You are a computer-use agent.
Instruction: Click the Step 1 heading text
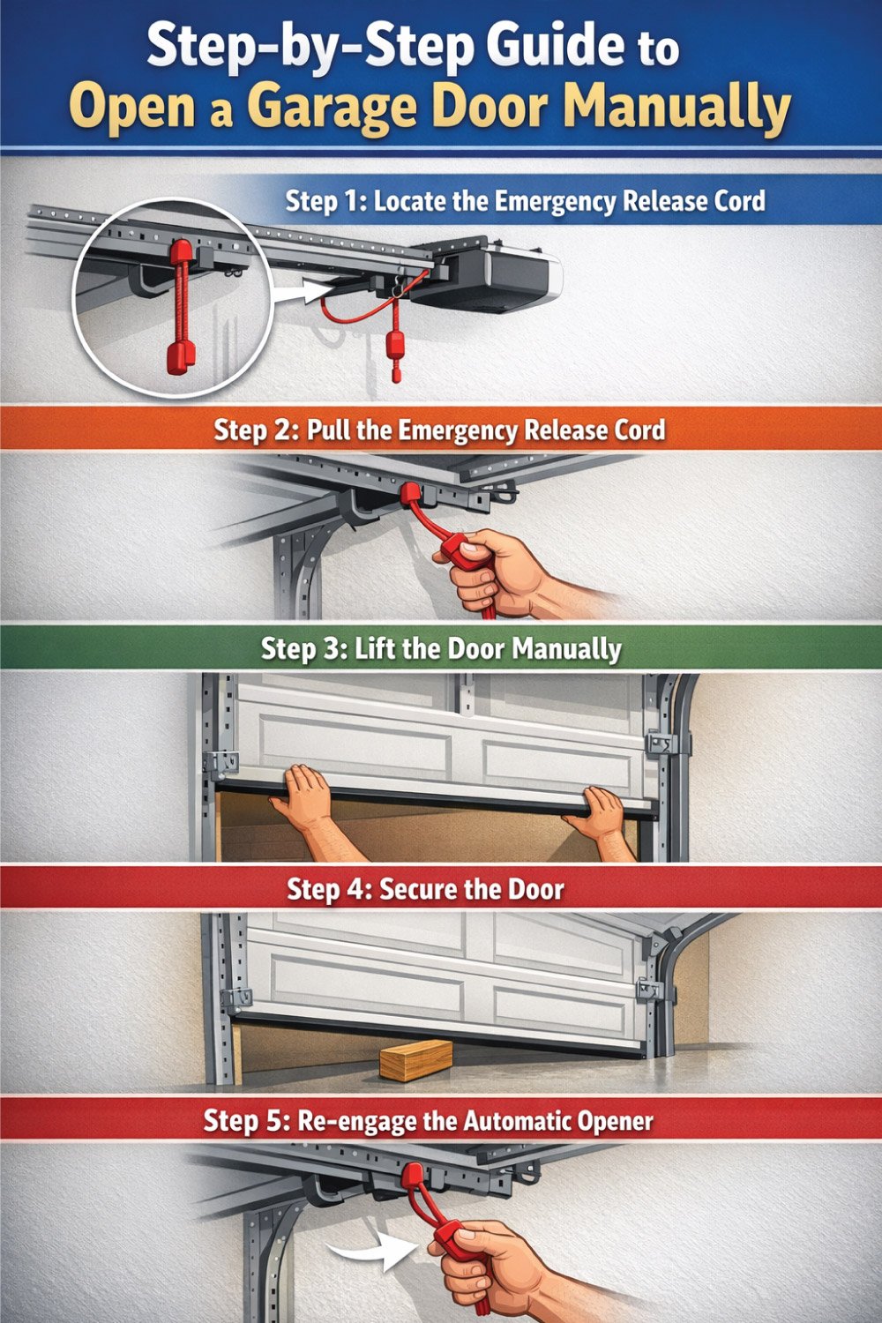click(525, 201)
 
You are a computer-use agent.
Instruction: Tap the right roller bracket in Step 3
click(661, 744)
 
